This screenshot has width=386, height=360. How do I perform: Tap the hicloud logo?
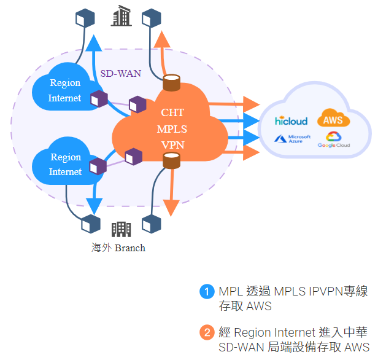(x=291, y=121)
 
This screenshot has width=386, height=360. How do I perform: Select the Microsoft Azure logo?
(x=293, y=139)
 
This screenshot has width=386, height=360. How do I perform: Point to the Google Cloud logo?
(x=333, y=139)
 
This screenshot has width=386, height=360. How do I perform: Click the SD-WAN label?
(x=120, y=74)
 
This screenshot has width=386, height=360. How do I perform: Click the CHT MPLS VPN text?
(x=172, y=129)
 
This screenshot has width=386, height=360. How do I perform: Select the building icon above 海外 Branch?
(x=121, y=229)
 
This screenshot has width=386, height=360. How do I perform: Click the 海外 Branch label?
(x=118, y=248)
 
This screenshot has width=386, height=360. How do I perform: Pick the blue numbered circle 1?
(x=207, y=291)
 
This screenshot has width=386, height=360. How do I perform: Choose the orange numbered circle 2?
(x=207, y=333)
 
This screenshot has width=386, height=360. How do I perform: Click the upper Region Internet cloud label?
(x=65, y=91)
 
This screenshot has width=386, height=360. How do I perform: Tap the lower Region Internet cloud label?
(x=65, y=165)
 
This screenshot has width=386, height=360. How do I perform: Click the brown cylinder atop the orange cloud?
(x=172, y=82)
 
